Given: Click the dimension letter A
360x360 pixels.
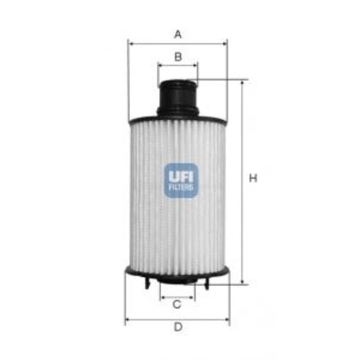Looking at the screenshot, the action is click(x=178, y=34).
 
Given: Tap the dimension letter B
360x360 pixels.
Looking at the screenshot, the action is click(x=178, y=57).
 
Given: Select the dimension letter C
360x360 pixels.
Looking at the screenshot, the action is click(x=177, y=304).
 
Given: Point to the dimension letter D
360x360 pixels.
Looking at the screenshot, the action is click(x=178, y=327).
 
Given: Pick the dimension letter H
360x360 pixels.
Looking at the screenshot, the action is click(x=253, y=178).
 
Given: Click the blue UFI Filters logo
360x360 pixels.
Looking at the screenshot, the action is click(x=181, y=181).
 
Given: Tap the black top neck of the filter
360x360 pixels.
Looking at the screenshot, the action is click(x=178, y=98).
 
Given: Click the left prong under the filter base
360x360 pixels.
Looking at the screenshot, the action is click(x=147, y=283).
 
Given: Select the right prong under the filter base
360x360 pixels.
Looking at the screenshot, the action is click(x=207, y=283).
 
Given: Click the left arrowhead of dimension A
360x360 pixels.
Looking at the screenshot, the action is click(x=131, y=44).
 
